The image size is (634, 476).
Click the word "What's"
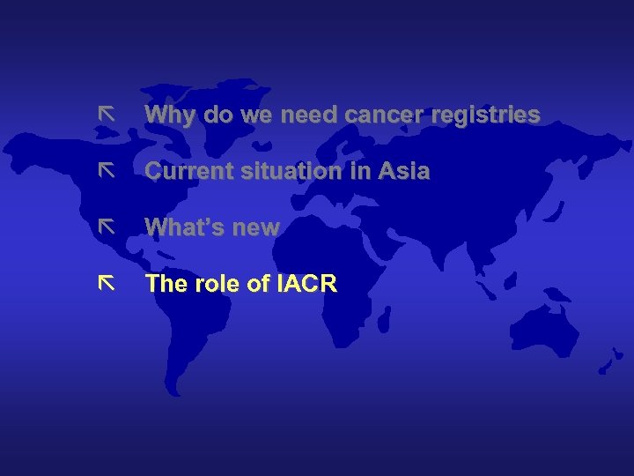click(183, 227)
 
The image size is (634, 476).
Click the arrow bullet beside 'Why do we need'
click(107, 115)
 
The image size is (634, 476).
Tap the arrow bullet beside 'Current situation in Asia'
click(107, 170)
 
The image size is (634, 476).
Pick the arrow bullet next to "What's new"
click(107, 227)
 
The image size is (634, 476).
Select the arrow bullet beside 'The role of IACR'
click(107, 283)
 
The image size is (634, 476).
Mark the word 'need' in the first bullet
click(310, 115)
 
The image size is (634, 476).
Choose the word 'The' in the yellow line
click(165, 284)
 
